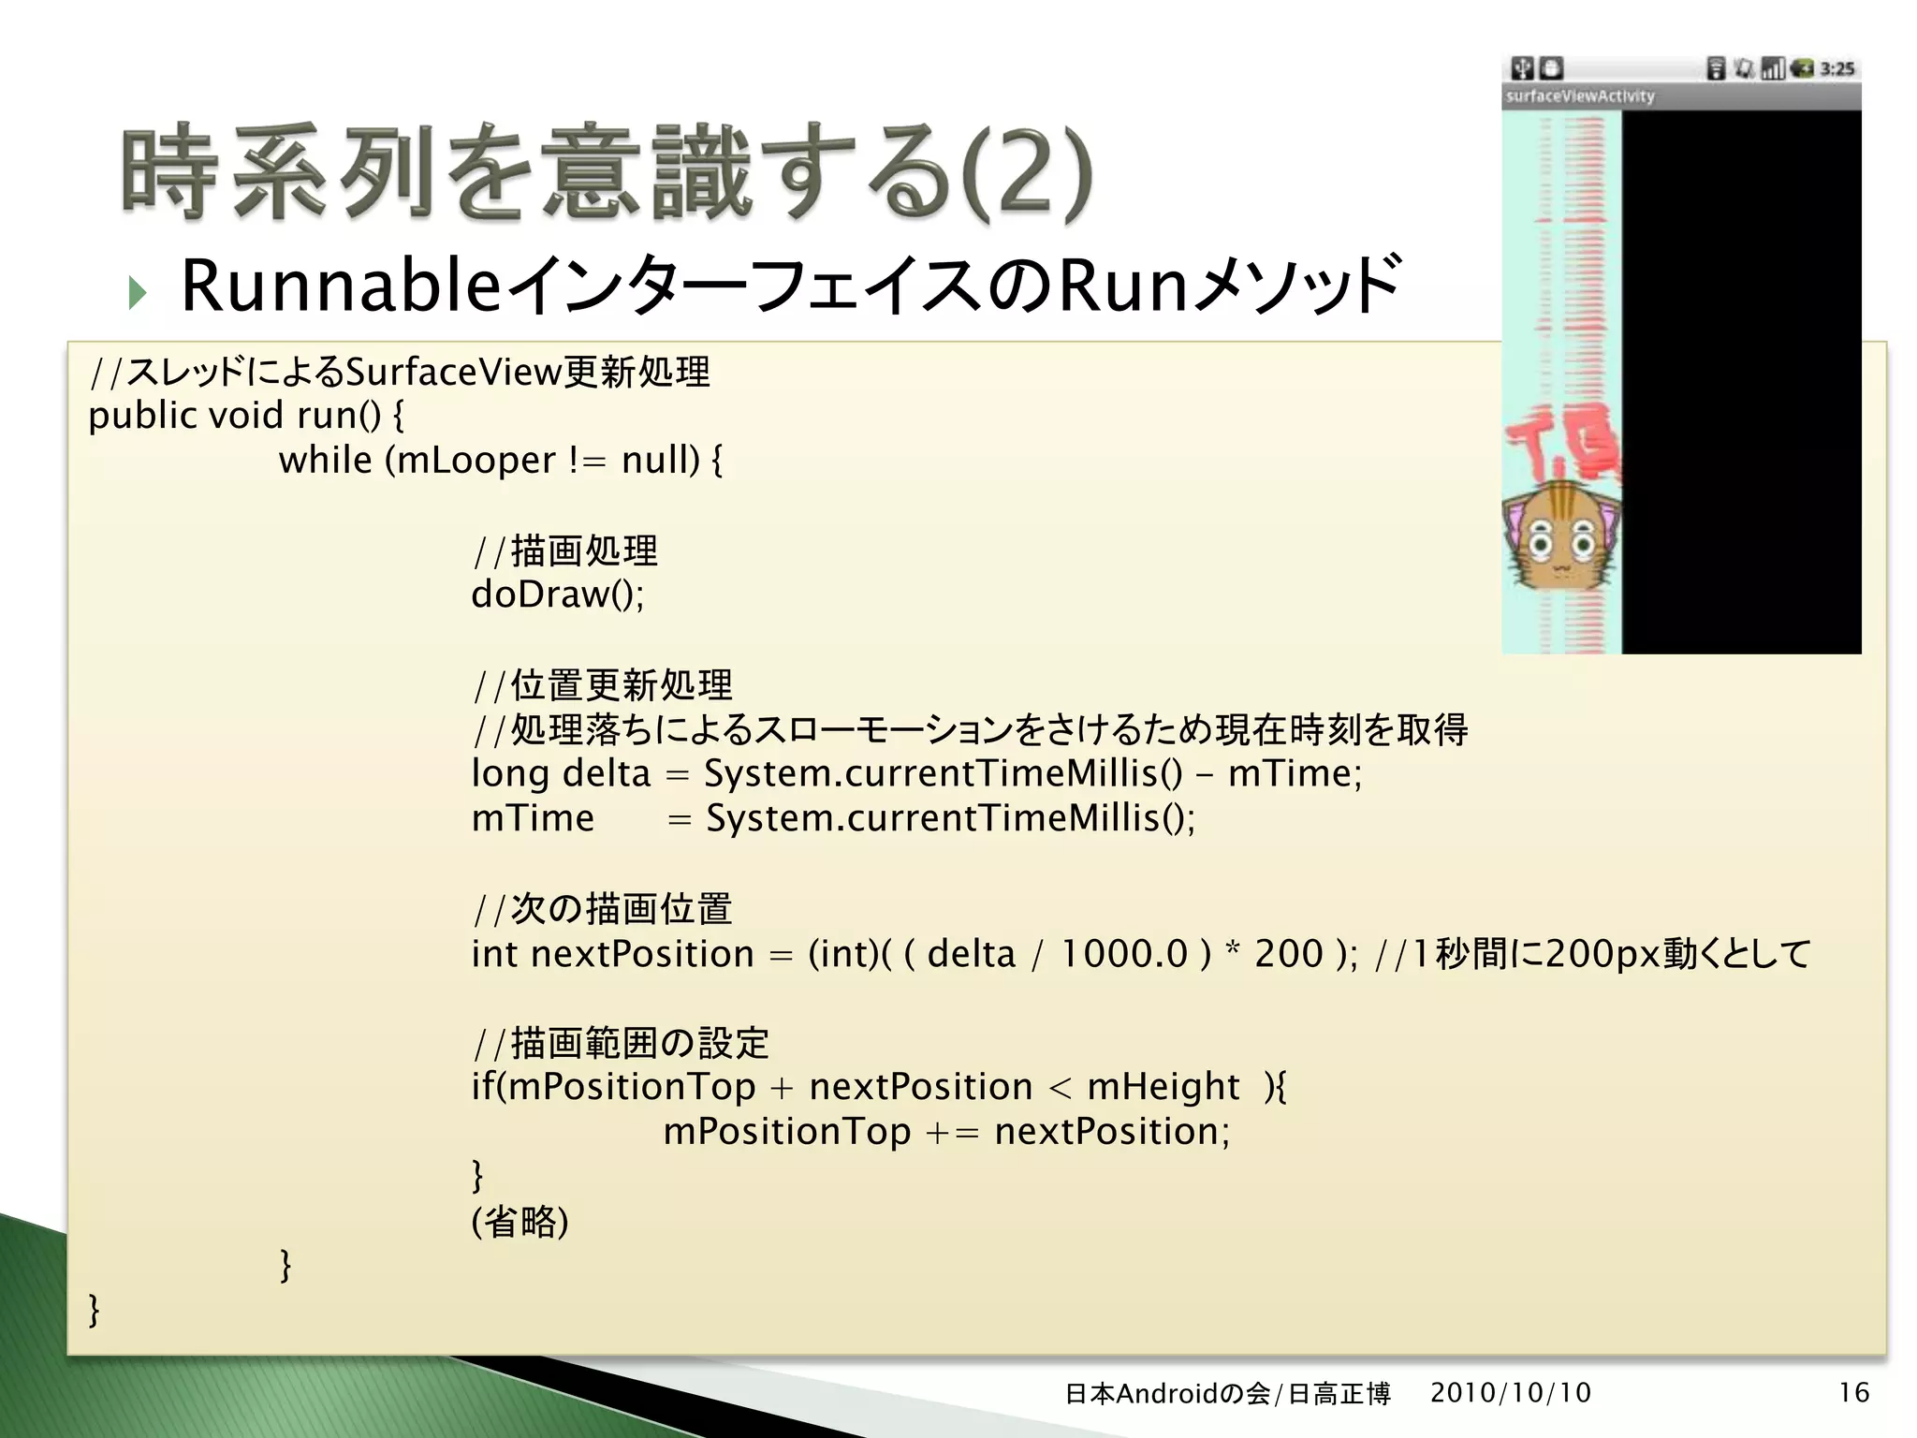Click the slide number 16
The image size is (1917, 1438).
click(x=1853, y=1393)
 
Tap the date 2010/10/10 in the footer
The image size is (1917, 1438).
click(x=1510, y=1393)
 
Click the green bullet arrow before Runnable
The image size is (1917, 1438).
click(x=139, y=293)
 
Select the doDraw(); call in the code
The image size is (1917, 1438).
click(x=558, y=594)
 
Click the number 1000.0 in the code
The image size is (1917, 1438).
click(x=1123, y=954)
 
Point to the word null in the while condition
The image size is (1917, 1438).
click(x=659, y=460)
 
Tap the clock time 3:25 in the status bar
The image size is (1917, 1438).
click(x=1837, y=68)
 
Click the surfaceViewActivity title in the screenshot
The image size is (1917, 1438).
click(x=1580, y=96)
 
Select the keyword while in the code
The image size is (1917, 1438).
click(x=325, y=460)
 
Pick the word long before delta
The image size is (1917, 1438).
click(x=510, y=774)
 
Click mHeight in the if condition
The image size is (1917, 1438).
click(x=1163, y=1087)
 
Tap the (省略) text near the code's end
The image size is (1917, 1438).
click(x=520, y=1222)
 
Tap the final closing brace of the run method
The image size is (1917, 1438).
click(x=94, y=1311)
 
